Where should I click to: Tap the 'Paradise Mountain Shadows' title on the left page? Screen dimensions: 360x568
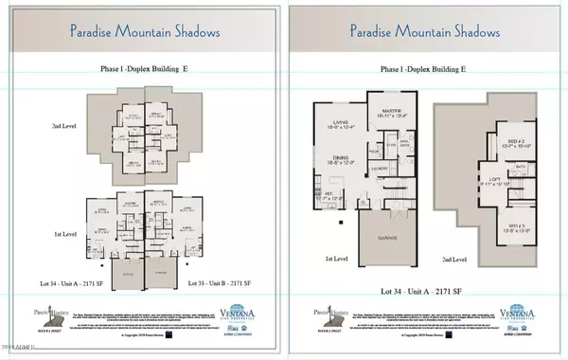[145, 31]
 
